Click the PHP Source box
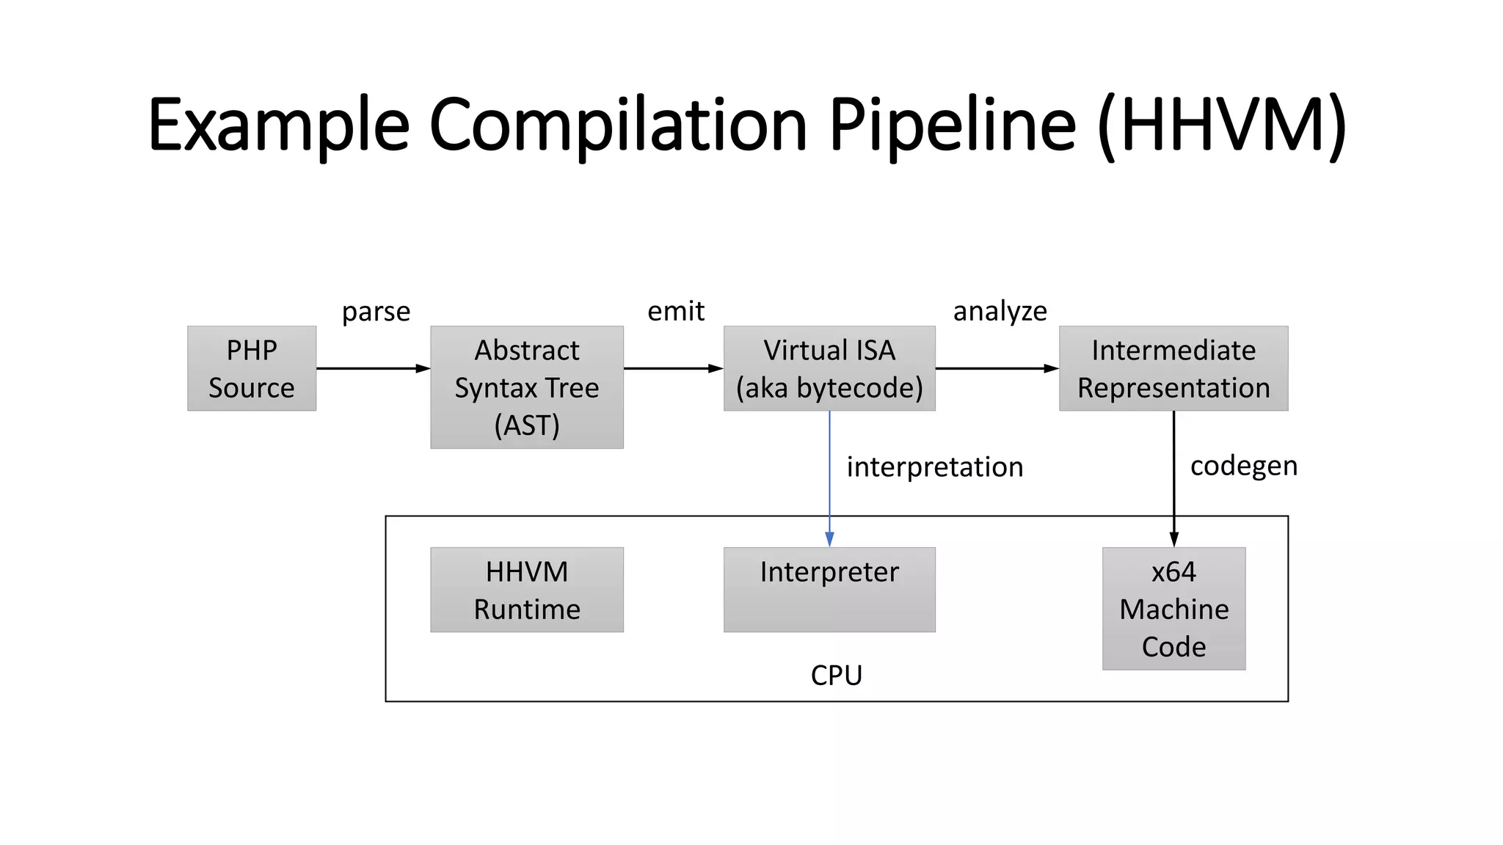[252, 368]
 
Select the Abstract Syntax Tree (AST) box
[527, 387]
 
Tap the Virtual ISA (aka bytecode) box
[829, 368]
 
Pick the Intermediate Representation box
[1173, 368]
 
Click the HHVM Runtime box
[527, 590]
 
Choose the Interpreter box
[829, 590]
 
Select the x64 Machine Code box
[1173, 608]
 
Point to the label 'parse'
[376, 312]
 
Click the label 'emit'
[675, 311]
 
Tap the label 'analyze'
[1000, 312]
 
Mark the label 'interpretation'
[934, 467]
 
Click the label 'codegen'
[1243, 467]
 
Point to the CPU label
[836, 675]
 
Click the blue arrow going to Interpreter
[829, 477]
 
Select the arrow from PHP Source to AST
[373, 368]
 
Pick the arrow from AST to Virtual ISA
[673, 368]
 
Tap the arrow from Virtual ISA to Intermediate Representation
[997, 368]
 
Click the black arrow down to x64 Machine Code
[1173, 477]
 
